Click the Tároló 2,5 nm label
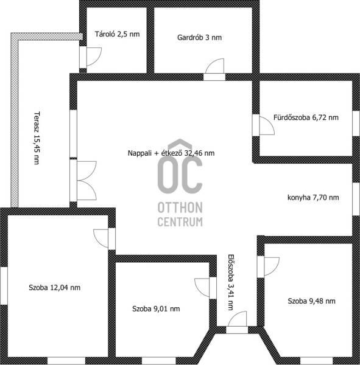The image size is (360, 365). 118,34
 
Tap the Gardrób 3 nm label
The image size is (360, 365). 199,38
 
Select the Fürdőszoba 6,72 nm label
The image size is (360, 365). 306,117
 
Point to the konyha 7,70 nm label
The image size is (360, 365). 313,198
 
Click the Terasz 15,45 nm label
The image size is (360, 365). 37,138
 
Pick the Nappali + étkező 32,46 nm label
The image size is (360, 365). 171,153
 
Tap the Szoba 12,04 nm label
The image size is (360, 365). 55,288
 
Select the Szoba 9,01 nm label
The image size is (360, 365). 156,308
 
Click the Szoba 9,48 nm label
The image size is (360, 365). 311,301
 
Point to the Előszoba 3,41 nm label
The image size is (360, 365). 231,282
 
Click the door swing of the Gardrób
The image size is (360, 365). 215,69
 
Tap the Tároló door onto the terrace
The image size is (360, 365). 91,57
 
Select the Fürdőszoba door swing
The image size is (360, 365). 264,125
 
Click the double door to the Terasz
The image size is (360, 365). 83,181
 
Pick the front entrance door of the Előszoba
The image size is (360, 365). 237,322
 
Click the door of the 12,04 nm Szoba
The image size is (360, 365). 104,238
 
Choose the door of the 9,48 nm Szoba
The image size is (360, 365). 268,267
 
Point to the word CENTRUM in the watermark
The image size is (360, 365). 180,222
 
